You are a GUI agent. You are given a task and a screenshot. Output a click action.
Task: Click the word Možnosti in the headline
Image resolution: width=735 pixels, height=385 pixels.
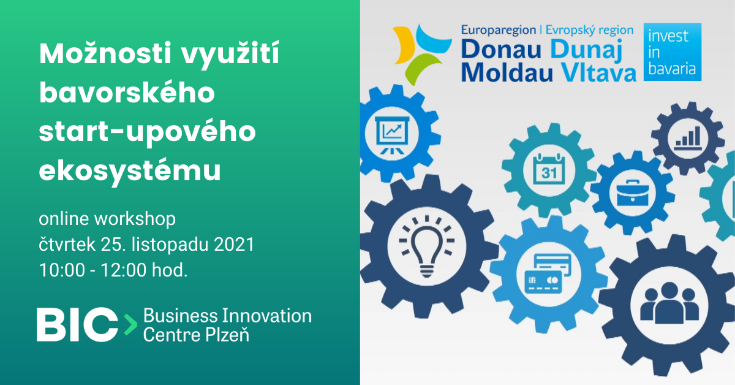point(105,53)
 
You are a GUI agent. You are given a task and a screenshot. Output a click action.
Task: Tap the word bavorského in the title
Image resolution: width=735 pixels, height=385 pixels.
point(127,93)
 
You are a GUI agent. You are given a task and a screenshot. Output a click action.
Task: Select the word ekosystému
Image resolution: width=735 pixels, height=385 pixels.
point(130,170)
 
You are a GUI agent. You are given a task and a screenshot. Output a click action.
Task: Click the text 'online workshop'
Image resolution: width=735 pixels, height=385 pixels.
point(107,219)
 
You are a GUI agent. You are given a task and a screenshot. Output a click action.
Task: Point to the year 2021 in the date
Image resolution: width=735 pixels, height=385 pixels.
point(234,245)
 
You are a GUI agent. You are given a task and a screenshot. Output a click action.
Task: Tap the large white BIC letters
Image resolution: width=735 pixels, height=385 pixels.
point(77,324)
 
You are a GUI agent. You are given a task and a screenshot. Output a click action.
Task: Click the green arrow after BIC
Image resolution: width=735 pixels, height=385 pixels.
point(130,324)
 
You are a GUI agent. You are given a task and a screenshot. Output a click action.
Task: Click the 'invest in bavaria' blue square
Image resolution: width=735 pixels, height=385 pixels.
point(673,52)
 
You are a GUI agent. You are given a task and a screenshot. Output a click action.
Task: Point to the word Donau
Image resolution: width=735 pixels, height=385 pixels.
point(501,50)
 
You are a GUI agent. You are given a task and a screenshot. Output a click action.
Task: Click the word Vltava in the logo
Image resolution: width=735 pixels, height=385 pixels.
point(598,72)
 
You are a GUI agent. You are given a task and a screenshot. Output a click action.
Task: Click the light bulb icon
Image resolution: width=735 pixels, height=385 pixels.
point(426,246)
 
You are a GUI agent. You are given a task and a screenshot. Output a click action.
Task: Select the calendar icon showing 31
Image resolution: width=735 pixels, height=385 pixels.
point(549,169)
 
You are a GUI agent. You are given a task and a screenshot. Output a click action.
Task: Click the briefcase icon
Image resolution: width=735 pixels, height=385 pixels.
point(633,193)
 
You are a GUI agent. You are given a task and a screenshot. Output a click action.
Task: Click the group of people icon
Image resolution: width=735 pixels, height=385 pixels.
point(669,303)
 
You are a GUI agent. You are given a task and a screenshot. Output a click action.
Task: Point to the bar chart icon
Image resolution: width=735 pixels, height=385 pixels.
point(688,138)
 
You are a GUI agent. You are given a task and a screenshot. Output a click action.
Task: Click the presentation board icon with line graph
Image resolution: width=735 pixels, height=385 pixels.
point(392,135)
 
